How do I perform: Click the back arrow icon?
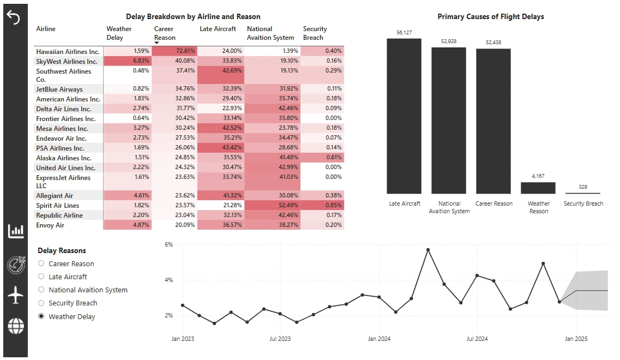[13, 17]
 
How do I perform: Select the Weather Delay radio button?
[41, 316]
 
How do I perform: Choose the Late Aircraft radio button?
[41, 277]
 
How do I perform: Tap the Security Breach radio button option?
[41, 303]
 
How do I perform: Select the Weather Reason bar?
[538, 188]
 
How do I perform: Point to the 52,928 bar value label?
[449, 41]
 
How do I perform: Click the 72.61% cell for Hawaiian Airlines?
[174, 51]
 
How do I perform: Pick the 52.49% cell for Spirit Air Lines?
[273, 206]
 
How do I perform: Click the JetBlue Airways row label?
[59, 89]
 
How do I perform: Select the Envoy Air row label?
[50, 225]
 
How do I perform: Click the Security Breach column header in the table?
[315, 33]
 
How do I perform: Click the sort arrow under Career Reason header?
[157, 43]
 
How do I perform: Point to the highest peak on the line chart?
[428, 250]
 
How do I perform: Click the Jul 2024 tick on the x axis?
[477, 339]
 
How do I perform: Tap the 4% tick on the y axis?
[168, 280]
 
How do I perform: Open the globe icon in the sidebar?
[16, 326]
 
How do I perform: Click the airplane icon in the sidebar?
[16, 295]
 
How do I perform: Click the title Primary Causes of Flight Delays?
[490, 17]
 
